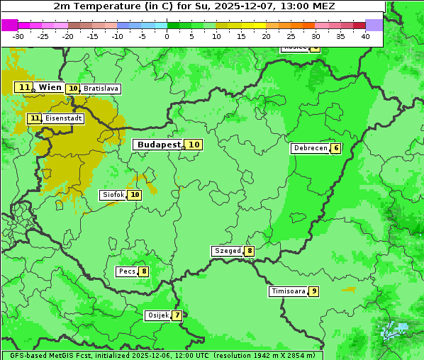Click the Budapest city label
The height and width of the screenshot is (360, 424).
tap(159, 145)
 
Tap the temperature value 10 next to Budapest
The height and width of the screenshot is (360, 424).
tap(194, 145)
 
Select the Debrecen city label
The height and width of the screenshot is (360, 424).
tap(310, 148)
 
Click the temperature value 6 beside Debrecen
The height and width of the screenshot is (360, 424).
tap(335, 148)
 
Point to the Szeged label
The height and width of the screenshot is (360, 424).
tap(227, 251)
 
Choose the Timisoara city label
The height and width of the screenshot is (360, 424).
tap(288, 291)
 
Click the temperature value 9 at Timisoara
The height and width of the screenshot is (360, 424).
tap(313, 291)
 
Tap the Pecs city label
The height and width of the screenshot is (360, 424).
tap(127, 271)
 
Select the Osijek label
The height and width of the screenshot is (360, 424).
tap(157, 315)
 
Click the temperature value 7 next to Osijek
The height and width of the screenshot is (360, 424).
tap(177, 315)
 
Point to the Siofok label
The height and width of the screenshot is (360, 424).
tap(113, 195)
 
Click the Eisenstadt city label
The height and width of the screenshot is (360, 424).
tap(63, 118)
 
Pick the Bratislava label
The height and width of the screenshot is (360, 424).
tap(100, 89)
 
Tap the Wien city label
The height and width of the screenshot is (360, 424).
tap(50, 87)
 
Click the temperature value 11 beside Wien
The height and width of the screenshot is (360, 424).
tap(25, 87)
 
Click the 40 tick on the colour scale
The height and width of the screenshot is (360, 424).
tap(365, 36)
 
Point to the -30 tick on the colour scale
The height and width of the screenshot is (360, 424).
tap(18, 36)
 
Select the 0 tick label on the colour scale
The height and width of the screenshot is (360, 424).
tap(167, 36)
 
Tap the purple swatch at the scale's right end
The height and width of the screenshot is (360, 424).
tap(374, 25)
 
